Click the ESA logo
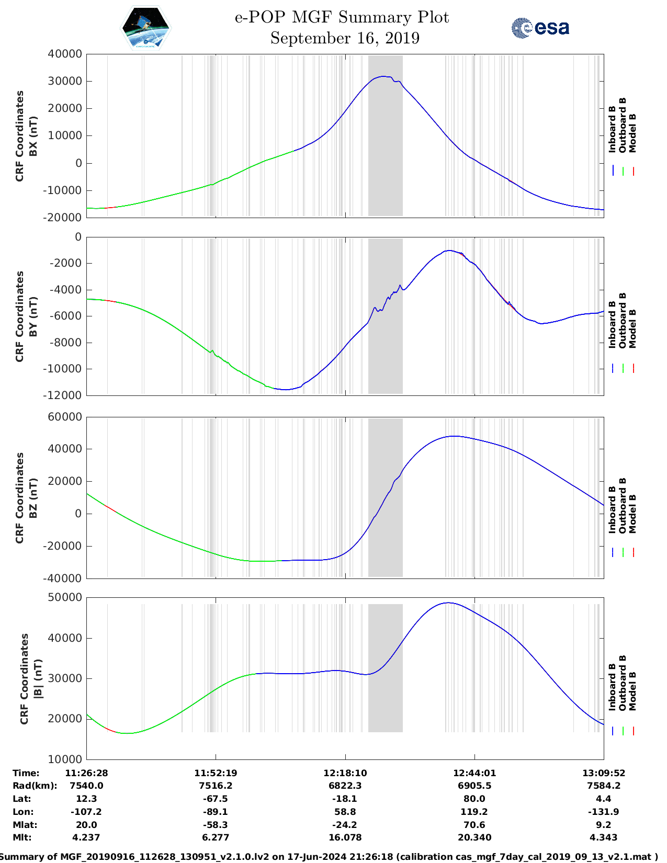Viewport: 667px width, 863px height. pyautogui.click(x=540, y=27)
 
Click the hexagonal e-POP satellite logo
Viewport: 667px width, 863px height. pyautogui.click(x=145, y=28)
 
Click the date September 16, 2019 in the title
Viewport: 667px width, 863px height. pyautogui.click(x=345, y=38)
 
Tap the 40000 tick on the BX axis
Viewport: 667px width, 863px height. pyautogui.click(x=65, y=54)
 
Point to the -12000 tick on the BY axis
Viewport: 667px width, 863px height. pyautogui.click(x=65, y=395)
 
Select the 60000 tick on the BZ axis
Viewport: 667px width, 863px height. pyautogui.click(x=65, y=417)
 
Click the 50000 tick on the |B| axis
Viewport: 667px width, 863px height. pyautogui.click(x=65, y=597)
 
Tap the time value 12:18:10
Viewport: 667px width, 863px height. pyautogui.click(x=345, y=773)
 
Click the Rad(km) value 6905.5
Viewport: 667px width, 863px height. pyautogui.click(x=474, y=786)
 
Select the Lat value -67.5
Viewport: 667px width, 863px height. pyautogui.click(x=215, y=799)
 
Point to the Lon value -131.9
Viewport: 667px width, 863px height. pyautogui.click(x=603, y=812)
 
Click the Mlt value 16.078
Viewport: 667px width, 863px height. pyautogui.click(x=345, y=837)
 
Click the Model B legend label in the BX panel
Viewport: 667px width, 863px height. pyautogui.click(x=632, y=133)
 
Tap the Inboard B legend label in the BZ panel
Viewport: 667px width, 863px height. pyautogui.click(x=612, y=510)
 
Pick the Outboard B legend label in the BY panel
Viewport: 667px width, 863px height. pyautogui.click(x=623, y=320)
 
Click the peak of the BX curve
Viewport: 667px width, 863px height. pyautogui.click(x=385, y=76)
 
